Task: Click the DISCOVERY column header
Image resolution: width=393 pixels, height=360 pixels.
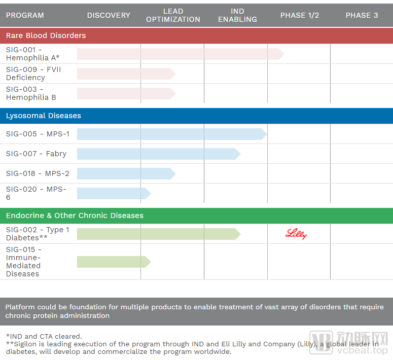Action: click(109, 15)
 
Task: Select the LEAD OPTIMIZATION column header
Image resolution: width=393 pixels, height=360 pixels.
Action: click(173, 15)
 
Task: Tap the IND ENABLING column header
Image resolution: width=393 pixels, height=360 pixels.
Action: click(237, 15)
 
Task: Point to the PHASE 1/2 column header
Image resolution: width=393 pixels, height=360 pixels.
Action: click(300, 15)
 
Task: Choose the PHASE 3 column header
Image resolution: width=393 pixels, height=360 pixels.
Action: click(362, 15)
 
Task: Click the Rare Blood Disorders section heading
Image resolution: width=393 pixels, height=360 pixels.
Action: click(46, 35)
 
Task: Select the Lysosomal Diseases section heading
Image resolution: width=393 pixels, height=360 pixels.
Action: click(44, 116)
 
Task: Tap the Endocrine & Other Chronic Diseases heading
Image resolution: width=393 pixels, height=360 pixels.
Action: click(75, 215)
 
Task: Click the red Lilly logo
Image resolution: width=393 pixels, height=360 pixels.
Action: click(297, 234)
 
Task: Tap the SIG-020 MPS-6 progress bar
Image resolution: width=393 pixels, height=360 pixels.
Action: click(113, 193)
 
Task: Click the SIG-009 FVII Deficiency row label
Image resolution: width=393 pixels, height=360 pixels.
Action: click(33, 74)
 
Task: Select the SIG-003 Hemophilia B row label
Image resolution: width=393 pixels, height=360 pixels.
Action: click(31, 93)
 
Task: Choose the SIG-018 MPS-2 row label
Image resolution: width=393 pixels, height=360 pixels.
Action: click(38, 173)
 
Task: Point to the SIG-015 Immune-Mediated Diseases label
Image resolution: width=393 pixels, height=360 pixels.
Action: click(23, 262)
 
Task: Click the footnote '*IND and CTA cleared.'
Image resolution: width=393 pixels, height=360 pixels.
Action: click(44, 336)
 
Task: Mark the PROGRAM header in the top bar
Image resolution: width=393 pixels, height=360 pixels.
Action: click(25, 15)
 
